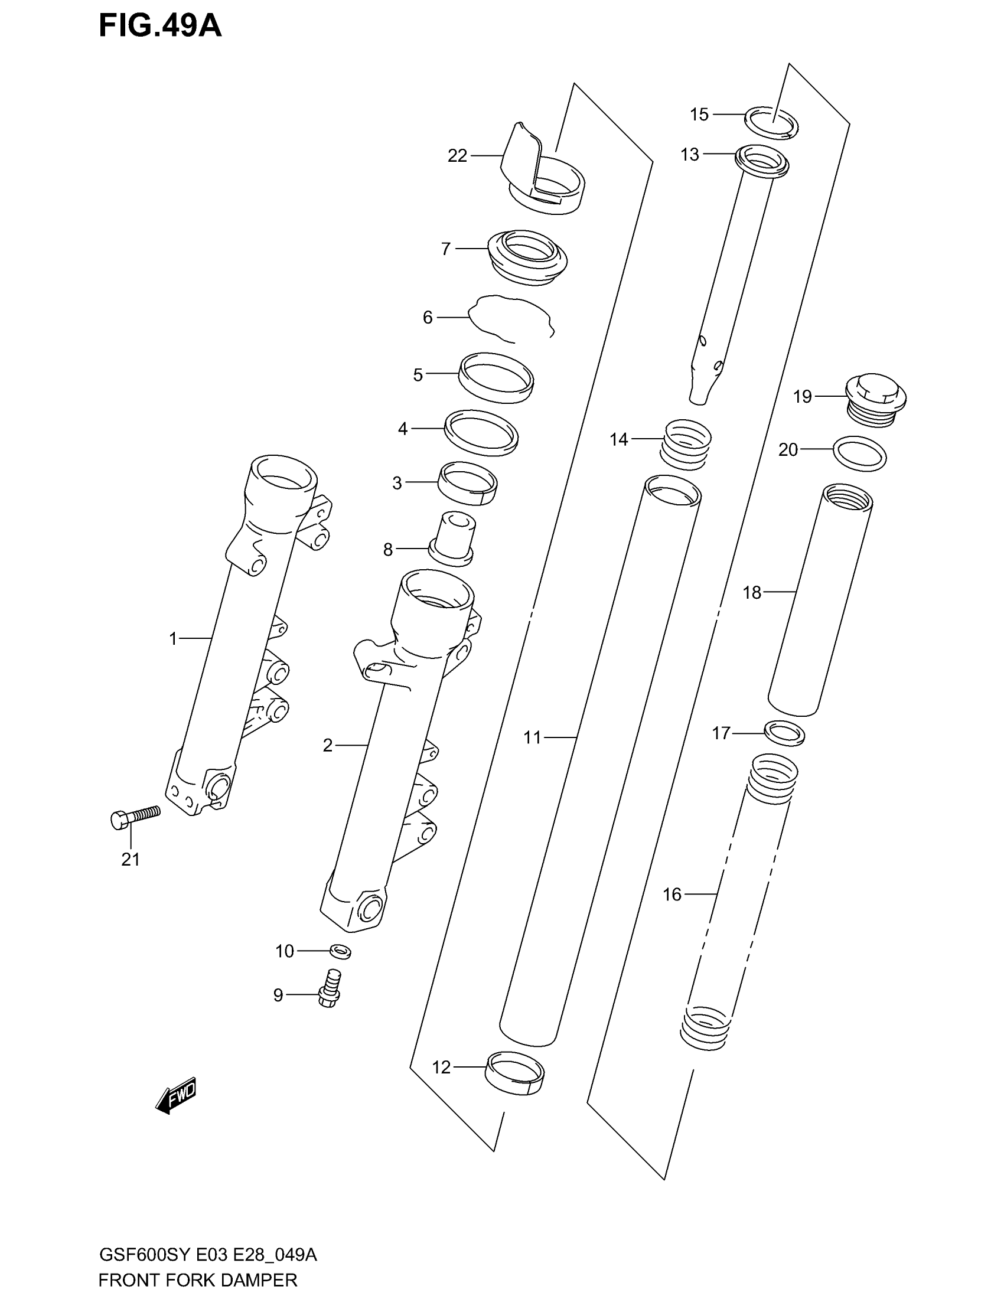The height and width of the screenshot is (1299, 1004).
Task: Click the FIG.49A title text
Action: pos(160,27)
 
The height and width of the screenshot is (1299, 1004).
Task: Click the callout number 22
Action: pos(457,156)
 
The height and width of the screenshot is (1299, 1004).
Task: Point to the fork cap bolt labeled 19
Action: pos(875,399)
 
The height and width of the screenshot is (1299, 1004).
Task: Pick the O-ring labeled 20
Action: pos(859,453)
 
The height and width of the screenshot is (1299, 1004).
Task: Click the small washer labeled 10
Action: pos(340,952)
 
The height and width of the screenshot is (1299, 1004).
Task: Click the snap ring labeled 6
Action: pos(511,318)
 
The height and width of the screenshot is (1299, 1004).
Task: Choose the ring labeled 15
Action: pos(771,123)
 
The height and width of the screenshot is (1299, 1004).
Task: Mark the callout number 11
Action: pos(532,737)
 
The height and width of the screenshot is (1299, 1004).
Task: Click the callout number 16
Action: pos(672,911)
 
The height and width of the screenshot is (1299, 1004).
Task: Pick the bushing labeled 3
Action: pos(468,483)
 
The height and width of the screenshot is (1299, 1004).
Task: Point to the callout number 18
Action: pos(752,592)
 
